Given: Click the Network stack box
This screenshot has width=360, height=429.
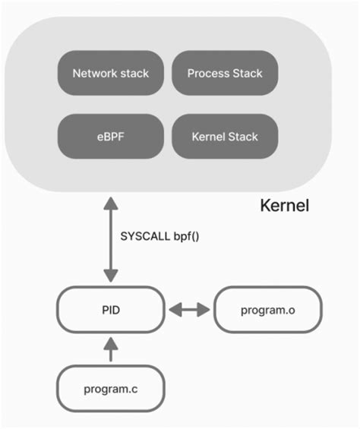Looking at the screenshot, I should [110, 74].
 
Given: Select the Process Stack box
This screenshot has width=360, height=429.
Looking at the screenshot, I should [224, 74].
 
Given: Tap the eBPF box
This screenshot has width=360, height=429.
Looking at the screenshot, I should [110, 137].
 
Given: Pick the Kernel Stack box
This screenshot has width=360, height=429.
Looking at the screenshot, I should [224, 137].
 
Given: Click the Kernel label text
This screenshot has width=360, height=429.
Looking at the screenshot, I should [284, 206].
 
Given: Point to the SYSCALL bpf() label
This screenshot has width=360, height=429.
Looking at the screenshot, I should [159, 235].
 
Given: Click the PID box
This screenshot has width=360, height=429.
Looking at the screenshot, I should [111, 310].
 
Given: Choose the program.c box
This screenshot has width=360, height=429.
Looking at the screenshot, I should [111, 389].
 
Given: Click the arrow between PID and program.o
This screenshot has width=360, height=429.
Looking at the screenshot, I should [189, 310].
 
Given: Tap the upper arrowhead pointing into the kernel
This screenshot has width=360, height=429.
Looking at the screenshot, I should [111, 203].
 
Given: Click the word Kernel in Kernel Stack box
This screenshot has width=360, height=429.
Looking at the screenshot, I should [208, 137].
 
